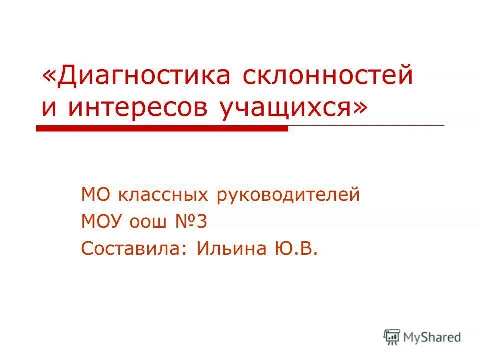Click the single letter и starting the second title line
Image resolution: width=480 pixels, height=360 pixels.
tap(49, 108)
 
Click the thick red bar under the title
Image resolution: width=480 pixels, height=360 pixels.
tap(162, 128)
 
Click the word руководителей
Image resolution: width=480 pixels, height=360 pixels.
tap(288, 194)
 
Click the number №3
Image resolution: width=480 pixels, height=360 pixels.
tap(190, 221)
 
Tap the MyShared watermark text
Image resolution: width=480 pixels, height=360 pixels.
tap(433, 337)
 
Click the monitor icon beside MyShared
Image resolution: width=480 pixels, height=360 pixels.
tap(392, 336)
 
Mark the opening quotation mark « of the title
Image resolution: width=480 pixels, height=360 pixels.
tap(49, 77)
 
